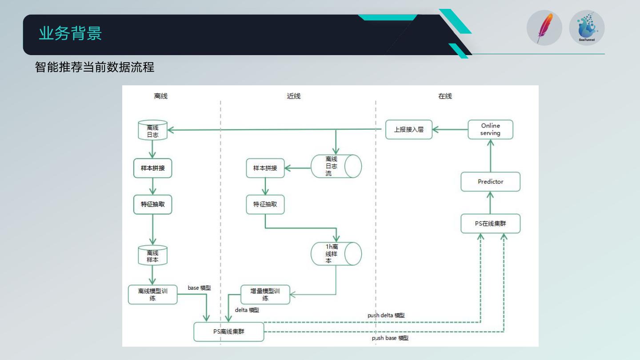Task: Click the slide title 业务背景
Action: tap(70, 34)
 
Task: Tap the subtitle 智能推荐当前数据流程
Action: tap(95, 67)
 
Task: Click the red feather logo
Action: tap(544, 28)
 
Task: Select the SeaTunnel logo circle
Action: tap(587, 28)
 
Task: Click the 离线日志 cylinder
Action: tap(152, 130)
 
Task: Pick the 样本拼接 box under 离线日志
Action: tap(152, 168)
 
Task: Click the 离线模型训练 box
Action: tap(152, 295)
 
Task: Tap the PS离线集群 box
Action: tap(228, 332)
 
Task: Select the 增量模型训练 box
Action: tap(265, 295)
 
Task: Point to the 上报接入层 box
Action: tap(408, 130)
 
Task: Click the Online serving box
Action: tap(490, 129)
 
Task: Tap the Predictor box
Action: tap(490, 182)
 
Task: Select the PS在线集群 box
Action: tap(490, 224)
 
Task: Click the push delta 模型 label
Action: tap(386, 315)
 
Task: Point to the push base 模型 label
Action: tap(390, 338)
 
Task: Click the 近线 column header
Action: tap(294, 96)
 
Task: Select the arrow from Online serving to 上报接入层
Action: tap(450, 130)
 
